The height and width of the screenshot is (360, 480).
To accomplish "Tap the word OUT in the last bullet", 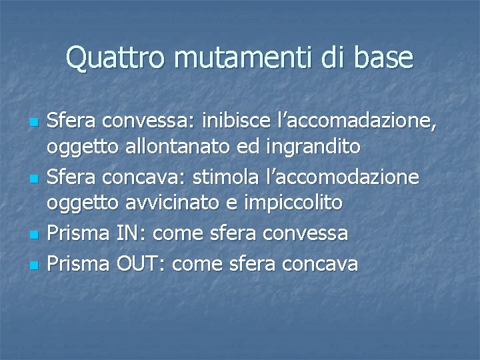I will pos(141,264).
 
